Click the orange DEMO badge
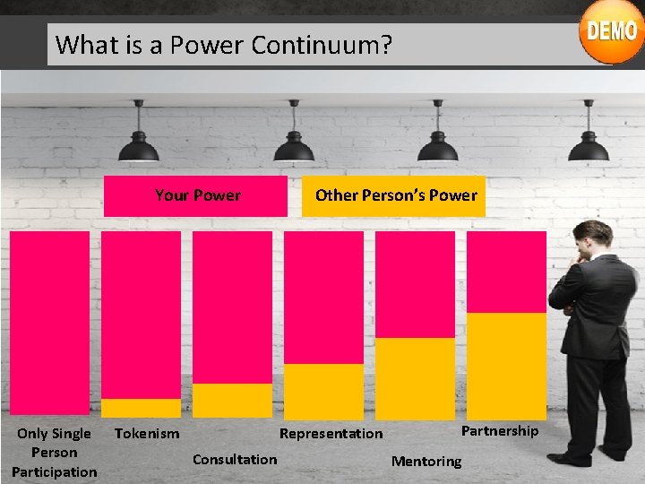pyautogui.click(x=612, y=32)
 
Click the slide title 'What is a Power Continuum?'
pyautogui.click(x=224, y=44)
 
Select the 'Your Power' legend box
pyautogui.click(x=196, y=195)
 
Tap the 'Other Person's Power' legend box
pyautogui.click(x=395, y=195)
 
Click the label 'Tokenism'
pyautogui.click(x=147, y=434)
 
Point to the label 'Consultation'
pyautogui.click(x=235, y=460)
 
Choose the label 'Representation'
pyautogui.click(x=331, y=434)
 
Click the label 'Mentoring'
pyautogui.click(x=426, y=462)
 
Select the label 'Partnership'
pyautogui.click(x=500, y=431)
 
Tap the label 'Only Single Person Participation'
pyautogui.click(x=54, y=453)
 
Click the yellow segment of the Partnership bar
pyautogui.click(x=506, y=366)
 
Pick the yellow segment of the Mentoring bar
pyautogui.click(x=415, y=378)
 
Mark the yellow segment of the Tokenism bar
pyautogui.click(x=141, y=408)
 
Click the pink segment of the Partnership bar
pyautogui.click(x=506, y=272)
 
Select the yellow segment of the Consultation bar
pyautogui.click(x=232, y=400)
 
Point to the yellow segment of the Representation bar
pyautogui.click(x=323, y=391)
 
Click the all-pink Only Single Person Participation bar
pyautogui.click(x=49, y=323)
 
